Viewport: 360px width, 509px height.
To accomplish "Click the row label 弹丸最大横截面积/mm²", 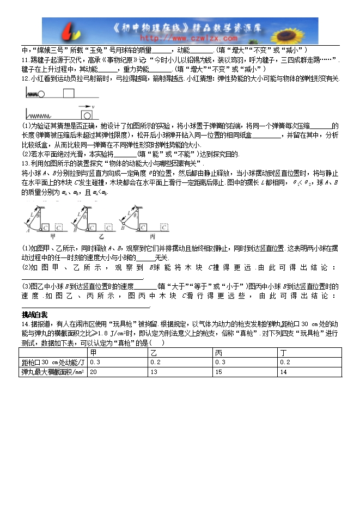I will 53,372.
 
